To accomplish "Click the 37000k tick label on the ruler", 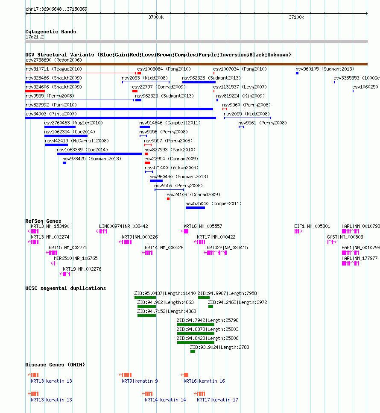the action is (x=156, y=17).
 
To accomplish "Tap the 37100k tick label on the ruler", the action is (x=296, y=17).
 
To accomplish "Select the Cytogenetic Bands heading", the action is (x=51, y=32).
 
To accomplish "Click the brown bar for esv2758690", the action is (x=196, y=64).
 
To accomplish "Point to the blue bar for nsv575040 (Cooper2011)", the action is (x=195, y=208).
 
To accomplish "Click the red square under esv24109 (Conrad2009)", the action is (x=168, y=199).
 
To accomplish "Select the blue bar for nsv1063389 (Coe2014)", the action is (x=99, y=154).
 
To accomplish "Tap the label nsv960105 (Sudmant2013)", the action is (x=325, y=69).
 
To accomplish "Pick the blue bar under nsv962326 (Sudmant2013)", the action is (x=199, y=82).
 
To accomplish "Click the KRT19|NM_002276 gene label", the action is (x=82, y=269).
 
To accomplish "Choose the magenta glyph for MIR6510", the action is (x=53, y=263).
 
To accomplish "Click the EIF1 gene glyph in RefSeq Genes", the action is (x=298, y=231).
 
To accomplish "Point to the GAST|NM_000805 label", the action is (x=345, y=237).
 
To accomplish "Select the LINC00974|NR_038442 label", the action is (x=123, y=226).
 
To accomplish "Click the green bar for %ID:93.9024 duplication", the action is (x=193, y=351).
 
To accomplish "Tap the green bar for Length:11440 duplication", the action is (x=145, y=298).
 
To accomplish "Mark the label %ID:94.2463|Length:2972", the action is (x=237, y=302).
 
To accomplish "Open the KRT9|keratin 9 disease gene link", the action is (x=140, y=381).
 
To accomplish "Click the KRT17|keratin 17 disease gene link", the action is (x=217, y=400).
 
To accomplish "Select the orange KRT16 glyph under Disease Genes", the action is (x=184, y=375).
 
